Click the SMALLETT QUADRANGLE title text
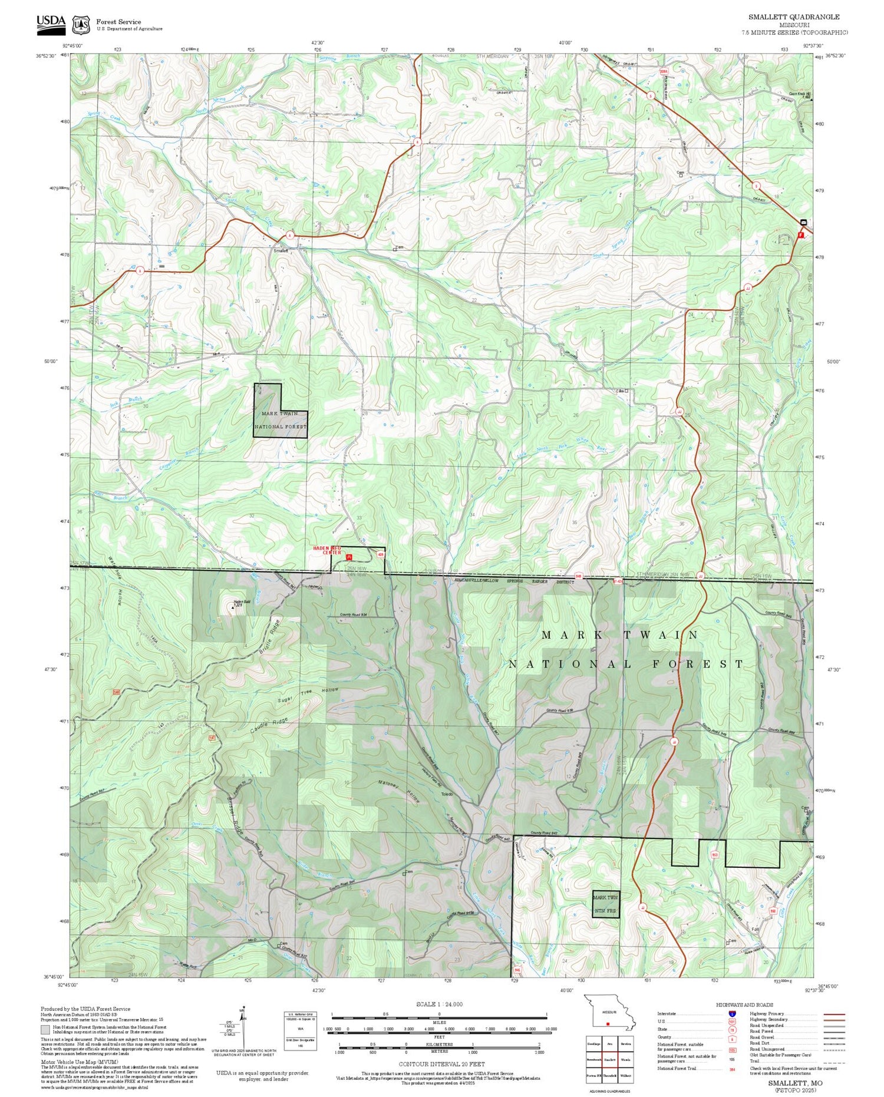point(794,17)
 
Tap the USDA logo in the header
point(51,22)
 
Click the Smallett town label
point(281,251)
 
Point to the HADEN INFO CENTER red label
point(327,550)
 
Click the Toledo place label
point(447,795)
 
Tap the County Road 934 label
point(354,614)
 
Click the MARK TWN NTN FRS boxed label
point(605,904)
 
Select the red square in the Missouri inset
point(607,1023)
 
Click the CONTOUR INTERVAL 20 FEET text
point(441,1064)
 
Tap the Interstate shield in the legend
point(732,1013)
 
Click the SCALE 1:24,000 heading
point(439,1004)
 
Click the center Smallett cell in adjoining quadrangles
point(609,1059)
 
